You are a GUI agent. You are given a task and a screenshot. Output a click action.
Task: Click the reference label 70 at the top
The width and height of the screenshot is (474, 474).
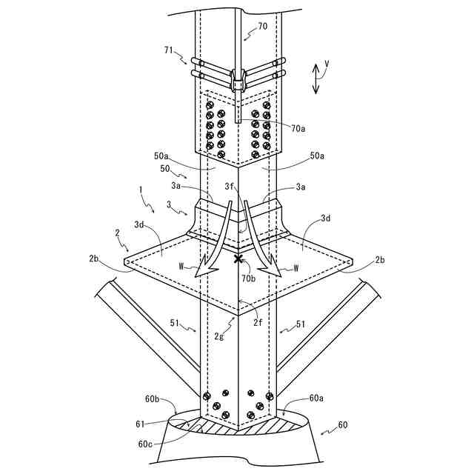tap(263, 27)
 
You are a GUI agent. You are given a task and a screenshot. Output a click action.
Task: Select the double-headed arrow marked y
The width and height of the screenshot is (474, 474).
tap(316, 77)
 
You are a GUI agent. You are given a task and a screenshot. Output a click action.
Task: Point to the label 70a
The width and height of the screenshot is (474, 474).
tap(298, 128)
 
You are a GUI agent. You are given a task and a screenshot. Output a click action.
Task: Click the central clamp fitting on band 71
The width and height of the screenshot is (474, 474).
tap(238, 77)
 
